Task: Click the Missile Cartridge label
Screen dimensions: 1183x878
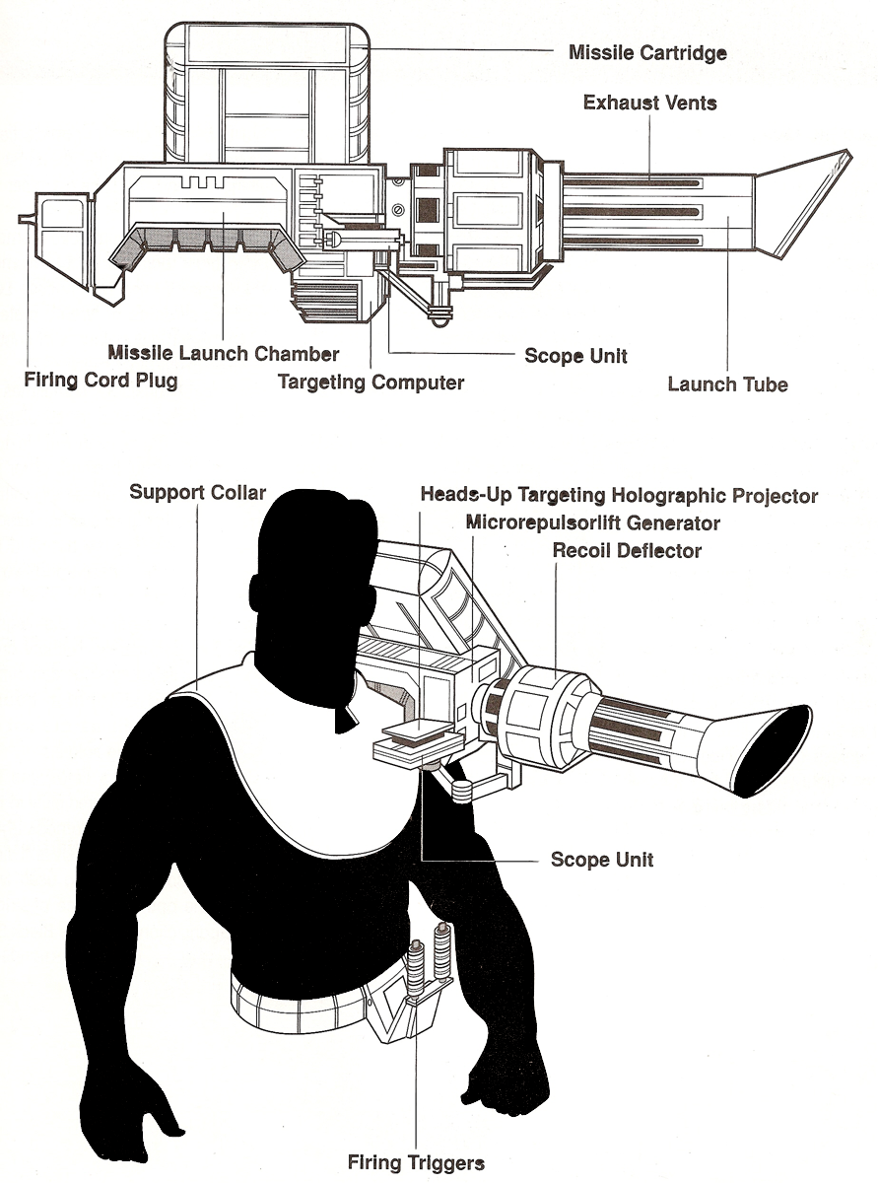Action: (647, 52)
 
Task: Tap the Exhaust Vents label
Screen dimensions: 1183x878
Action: (649, 103)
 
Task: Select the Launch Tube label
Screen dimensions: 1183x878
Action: (727, 384)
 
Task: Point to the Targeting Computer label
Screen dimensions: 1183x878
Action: (371, 382)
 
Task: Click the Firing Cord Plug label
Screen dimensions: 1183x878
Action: (101, 380)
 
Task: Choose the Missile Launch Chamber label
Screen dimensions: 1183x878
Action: (224, 353)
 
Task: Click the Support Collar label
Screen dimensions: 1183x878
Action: (197, 491)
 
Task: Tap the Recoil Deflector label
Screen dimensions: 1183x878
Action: (627, 551)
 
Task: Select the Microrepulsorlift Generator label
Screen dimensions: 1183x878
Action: (593, 522)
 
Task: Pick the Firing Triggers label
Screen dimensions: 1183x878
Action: (416, 1163)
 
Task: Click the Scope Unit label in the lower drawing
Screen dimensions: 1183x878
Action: (602, 860)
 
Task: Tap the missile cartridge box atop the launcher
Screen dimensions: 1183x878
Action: (266, 94)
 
